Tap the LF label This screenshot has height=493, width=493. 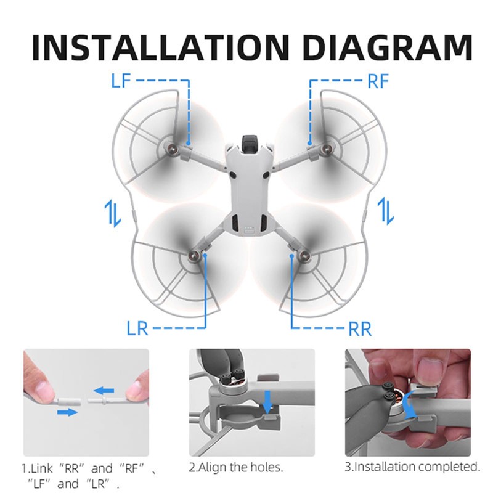point(122,81)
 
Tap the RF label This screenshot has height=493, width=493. point(377,81)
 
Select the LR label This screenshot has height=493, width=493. point(137,328)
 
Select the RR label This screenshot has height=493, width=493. point(360,328)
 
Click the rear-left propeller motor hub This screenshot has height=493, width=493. point(196,253)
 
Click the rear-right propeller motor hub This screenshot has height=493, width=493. point(302,253)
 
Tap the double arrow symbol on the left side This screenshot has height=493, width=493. point(108,212)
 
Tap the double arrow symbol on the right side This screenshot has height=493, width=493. point(385,212)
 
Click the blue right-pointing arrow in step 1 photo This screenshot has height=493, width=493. point(68,412)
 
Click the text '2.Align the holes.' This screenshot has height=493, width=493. point(235,467)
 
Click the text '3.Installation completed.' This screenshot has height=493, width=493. point(412,466)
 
